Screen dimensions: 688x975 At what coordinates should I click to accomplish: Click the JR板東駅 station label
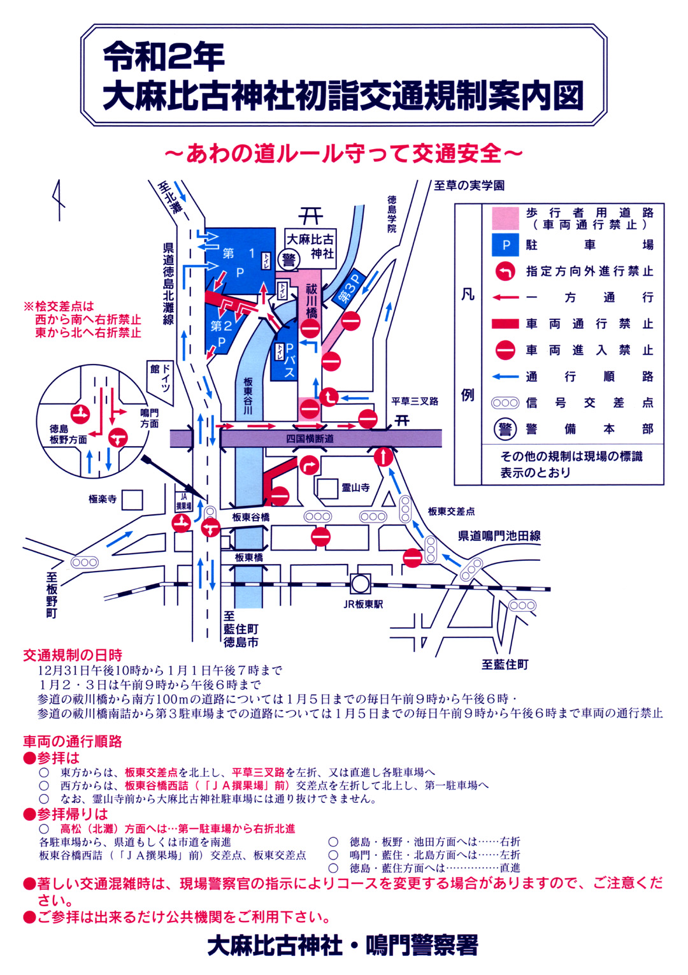363,604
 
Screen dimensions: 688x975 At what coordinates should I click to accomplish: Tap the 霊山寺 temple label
355,488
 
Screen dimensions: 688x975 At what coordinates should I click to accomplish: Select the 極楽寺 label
103,499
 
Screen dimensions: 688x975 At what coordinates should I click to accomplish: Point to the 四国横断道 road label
310,439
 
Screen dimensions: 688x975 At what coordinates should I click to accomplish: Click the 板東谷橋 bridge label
250,517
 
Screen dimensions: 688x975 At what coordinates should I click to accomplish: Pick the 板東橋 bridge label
248,558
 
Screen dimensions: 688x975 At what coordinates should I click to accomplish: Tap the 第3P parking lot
349,289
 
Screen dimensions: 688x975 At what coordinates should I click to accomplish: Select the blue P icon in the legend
506,245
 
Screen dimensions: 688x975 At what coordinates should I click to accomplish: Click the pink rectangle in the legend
506,219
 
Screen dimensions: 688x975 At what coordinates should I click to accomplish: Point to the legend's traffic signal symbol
506,403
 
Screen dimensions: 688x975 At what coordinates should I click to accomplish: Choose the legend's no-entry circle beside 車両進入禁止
506,350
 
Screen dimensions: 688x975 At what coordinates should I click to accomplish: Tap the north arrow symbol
59,200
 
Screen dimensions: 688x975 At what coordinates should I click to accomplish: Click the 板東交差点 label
451,512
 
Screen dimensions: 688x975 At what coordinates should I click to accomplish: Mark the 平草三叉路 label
415,401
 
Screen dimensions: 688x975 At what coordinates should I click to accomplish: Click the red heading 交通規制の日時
73,655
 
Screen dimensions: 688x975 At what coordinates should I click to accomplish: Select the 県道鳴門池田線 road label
499,536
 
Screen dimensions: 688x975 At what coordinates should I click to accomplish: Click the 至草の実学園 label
469,185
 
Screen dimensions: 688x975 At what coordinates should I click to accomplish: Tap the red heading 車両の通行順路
73,742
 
